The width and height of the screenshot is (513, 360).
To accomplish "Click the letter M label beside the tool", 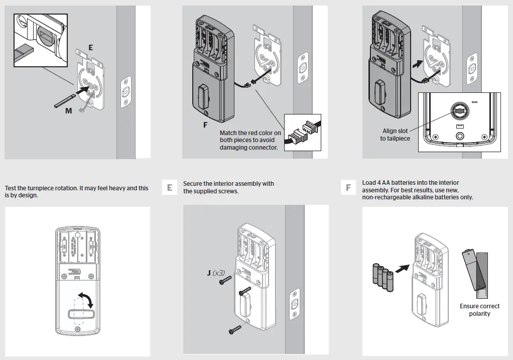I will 68,111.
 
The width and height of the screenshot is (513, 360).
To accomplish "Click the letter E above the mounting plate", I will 90,47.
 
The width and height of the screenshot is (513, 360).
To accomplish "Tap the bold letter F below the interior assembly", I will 205,125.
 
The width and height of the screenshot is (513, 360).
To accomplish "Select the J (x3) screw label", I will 216,273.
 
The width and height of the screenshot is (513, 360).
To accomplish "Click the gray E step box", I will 170,187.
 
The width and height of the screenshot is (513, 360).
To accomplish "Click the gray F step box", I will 348,187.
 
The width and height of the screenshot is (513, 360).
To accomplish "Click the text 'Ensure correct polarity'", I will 479,310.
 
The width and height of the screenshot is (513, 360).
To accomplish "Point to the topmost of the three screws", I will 224,282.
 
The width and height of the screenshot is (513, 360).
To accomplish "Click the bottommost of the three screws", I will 235,329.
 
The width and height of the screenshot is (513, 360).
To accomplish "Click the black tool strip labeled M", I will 65,99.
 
